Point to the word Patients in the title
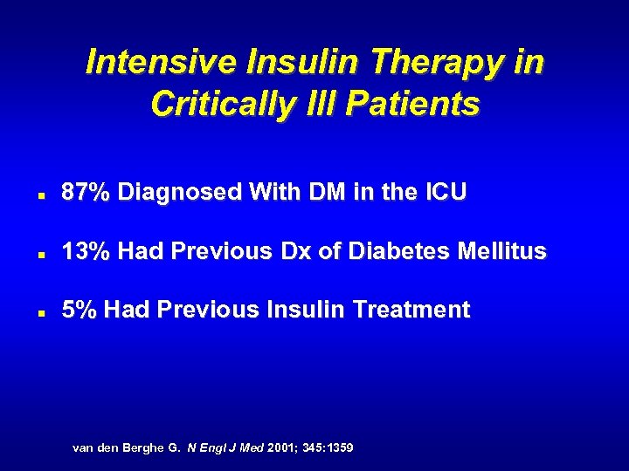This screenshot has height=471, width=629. click(412, 104)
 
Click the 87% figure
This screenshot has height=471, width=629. click(86, 193)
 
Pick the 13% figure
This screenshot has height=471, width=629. click(86, 251)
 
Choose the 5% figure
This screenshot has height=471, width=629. click(77, 310)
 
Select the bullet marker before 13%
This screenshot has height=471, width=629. click(41, 254)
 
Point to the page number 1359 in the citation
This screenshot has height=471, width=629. click(335, 447)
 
